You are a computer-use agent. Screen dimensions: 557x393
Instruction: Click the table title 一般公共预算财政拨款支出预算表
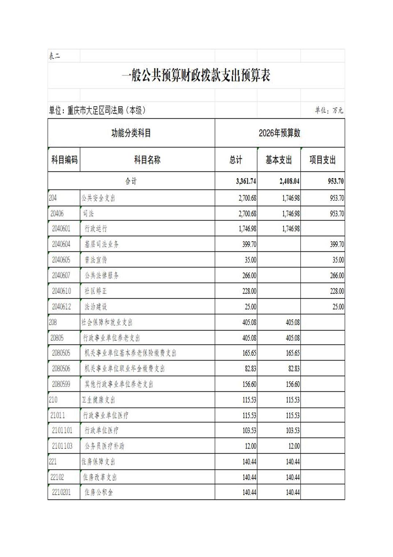(196, 76)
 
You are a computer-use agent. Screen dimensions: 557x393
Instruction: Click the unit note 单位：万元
(329, 110)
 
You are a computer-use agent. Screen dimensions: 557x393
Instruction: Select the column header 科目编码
(64, 160)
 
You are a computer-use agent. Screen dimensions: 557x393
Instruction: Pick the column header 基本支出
(278, 160)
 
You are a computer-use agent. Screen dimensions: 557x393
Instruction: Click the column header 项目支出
(322, 160)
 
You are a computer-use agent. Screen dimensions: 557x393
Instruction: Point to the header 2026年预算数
(279, 133)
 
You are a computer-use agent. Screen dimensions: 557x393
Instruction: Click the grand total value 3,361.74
(246, 181)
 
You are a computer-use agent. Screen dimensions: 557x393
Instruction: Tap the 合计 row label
(131, 181)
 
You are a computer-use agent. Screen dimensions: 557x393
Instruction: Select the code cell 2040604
(61, 244)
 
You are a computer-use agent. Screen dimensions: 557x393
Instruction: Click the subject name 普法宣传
(96, 260)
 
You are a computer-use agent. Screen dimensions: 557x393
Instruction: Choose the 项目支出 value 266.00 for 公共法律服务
(337, 276)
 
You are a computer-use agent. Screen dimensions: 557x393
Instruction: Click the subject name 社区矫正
(96, 291)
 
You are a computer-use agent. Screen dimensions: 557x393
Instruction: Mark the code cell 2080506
(61, 369)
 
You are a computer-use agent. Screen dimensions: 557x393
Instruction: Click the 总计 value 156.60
(249, 384)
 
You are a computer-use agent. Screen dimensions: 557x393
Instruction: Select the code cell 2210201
(61, 492)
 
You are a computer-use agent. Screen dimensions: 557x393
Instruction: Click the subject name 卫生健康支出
(98, 400)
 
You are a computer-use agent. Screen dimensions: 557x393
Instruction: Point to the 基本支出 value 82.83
(293, 369)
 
